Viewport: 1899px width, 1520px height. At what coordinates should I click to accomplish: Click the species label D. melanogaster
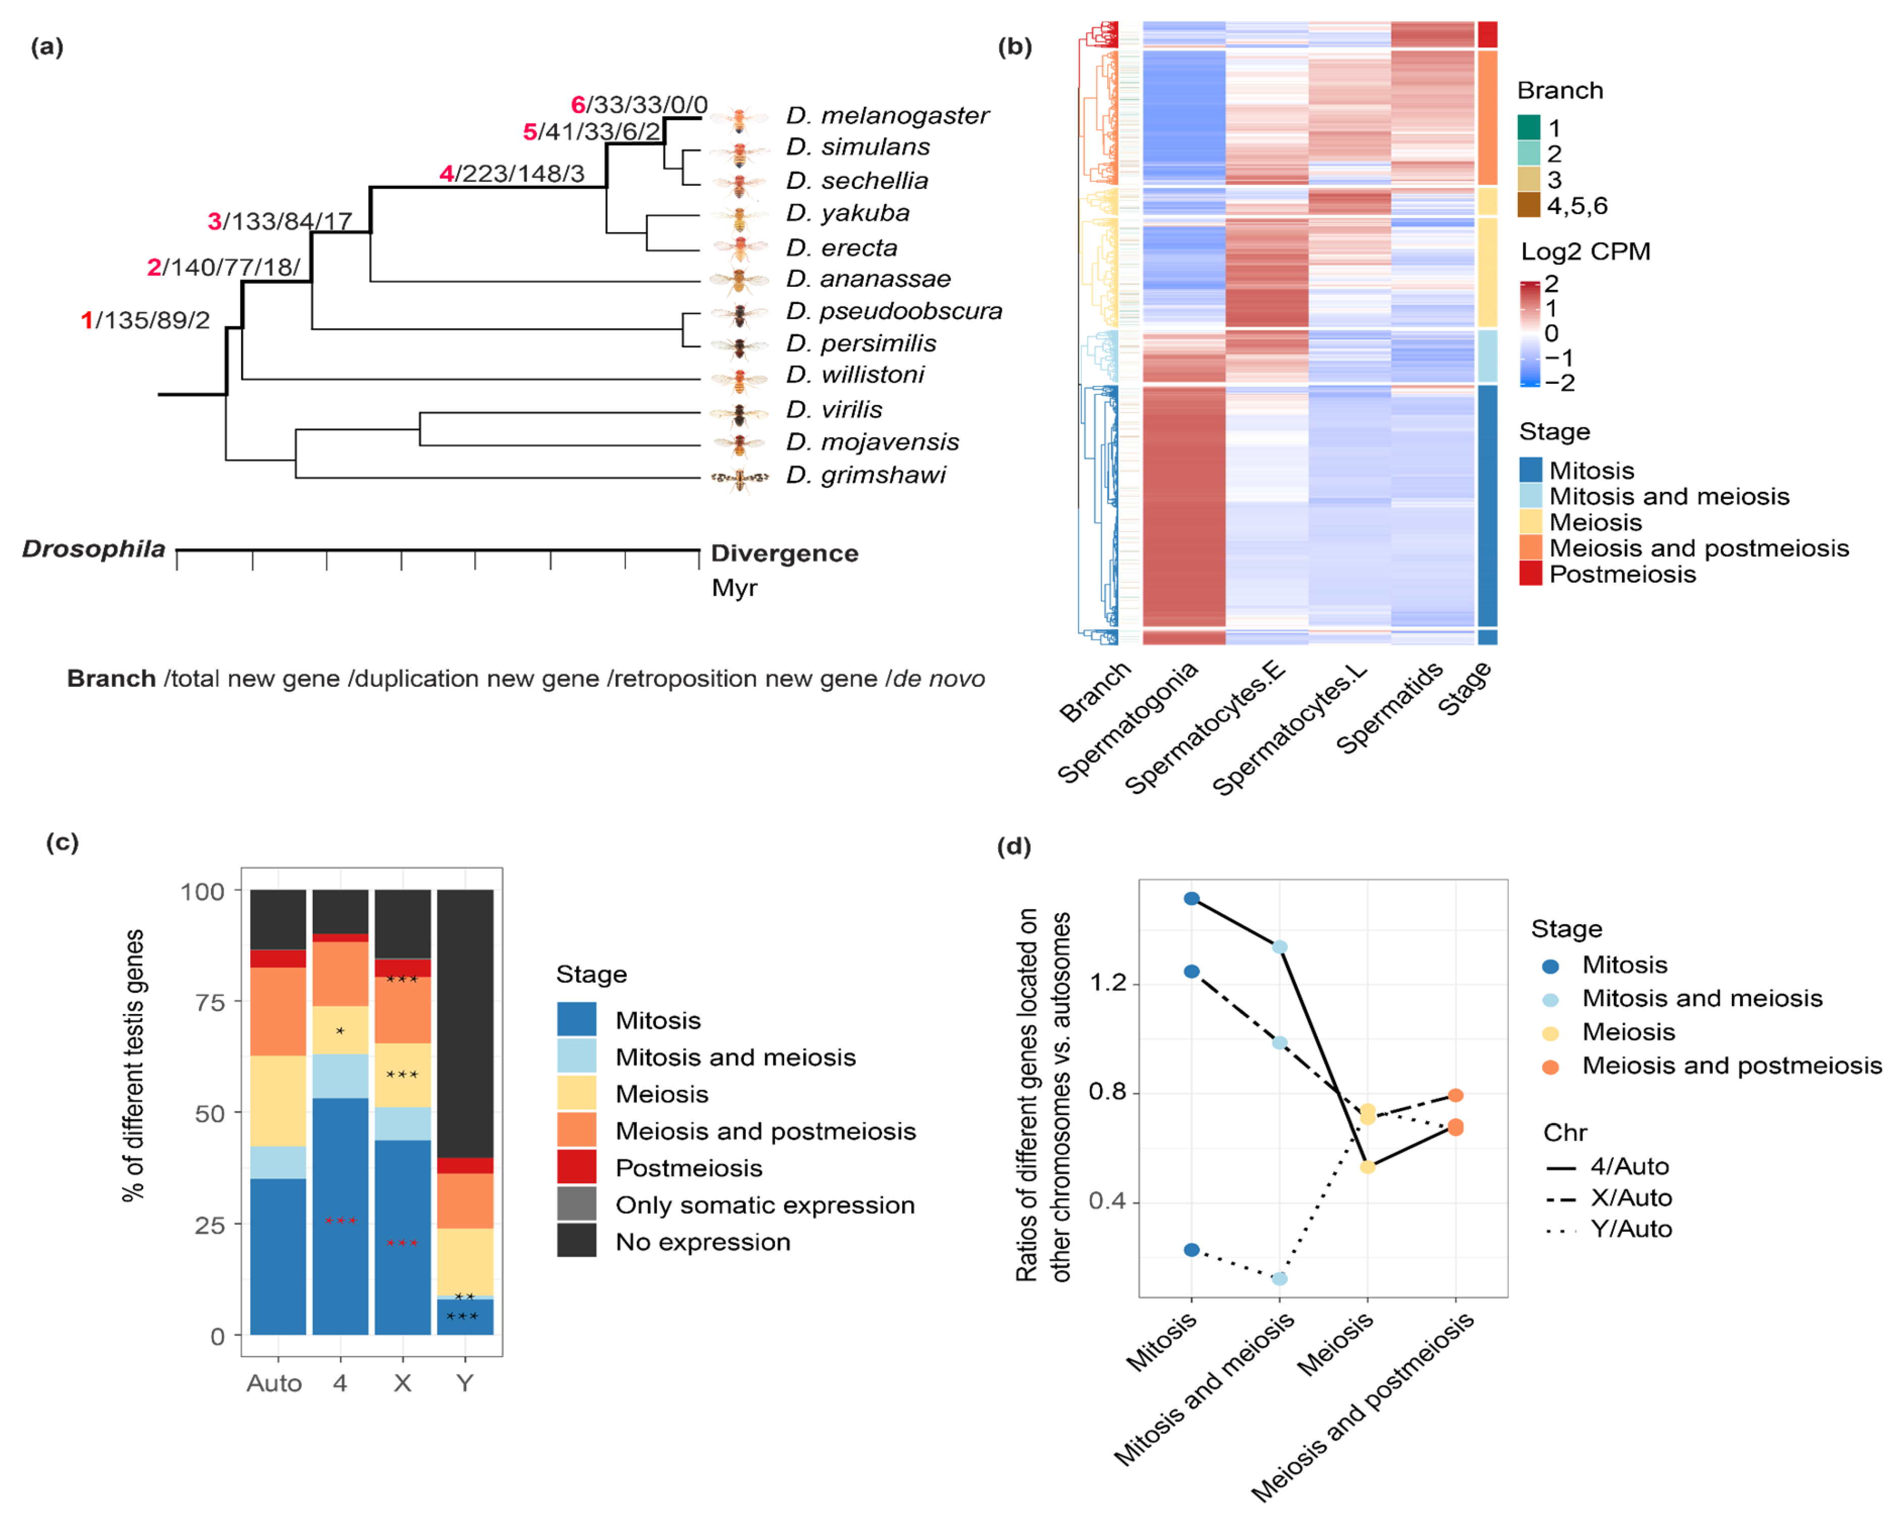tap(887, 116)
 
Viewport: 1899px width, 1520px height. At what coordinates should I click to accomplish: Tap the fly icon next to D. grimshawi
tap(739, 478)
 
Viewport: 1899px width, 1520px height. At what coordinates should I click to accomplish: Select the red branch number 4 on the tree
tap(447, 174)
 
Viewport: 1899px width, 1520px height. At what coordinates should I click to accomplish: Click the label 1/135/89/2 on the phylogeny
tap(145, 320)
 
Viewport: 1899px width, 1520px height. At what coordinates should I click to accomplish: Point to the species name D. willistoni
tap(854, 375)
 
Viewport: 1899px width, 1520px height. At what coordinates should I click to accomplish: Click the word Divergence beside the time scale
tap(784, 553)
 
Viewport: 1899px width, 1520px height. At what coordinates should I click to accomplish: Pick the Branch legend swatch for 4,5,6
tap(1529, 206)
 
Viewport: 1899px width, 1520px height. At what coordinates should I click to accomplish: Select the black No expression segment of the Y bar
tap(465, 1022)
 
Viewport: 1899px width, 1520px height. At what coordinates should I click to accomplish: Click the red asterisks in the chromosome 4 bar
tap(340, 1221)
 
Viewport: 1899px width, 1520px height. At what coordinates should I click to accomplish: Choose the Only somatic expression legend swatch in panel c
tap(576, 1204)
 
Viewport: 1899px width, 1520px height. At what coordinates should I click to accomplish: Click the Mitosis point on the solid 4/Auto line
tap(1191, 899)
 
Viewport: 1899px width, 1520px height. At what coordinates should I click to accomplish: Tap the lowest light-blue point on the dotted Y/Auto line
tap(1280, 1278)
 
